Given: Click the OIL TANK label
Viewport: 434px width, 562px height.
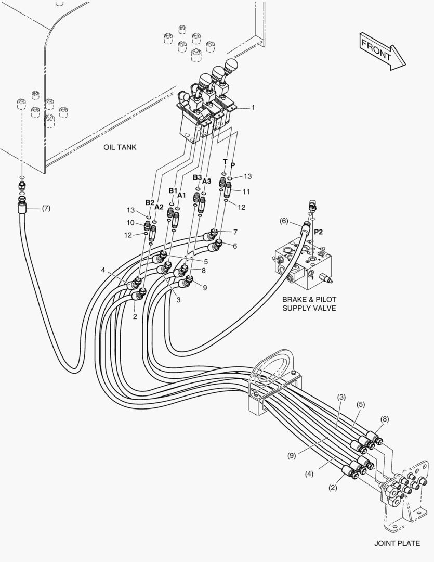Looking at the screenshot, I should [x=120, y=147].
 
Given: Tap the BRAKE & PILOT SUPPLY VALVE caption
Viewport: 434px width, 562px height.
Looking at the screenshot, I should [x=309, y=304].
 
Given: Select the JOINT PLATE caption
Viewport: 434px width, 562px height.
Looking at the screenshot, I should [x=397, y=543].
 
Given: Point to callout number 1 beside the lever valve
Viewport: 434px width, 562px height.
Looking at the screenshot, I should [x=253, y=107].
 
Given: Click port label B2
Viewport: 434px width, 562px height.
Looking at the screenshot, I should [x=150, y=202].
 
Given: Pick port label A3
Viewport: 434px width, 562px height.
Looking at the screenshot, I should [x=206, y=181].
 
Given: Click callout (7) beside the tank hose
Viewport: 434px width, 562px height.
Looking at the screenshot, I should [x=46, y=209].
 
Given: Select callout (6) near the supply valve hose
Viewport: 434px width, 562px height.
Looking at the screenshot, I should [x=284, y=221].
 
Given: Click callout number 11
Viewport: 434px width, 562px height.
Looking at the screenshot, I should [x=246, y=191].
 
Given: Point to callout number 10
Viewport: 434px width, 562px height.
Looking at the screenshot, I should [x=131, y=223].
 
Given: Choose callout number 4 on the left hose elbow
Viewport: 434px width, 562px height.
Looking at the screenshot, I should [x=103, y=270].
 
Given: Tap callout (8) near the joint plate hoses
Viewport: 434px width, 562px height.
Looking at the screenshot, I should [x=385, y=418].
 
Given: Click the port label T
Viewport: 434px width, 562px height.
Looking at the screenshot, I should [x=225, y=162].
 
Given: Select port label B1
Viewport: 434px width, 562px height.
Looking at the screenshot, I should [x=173, y=190].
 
